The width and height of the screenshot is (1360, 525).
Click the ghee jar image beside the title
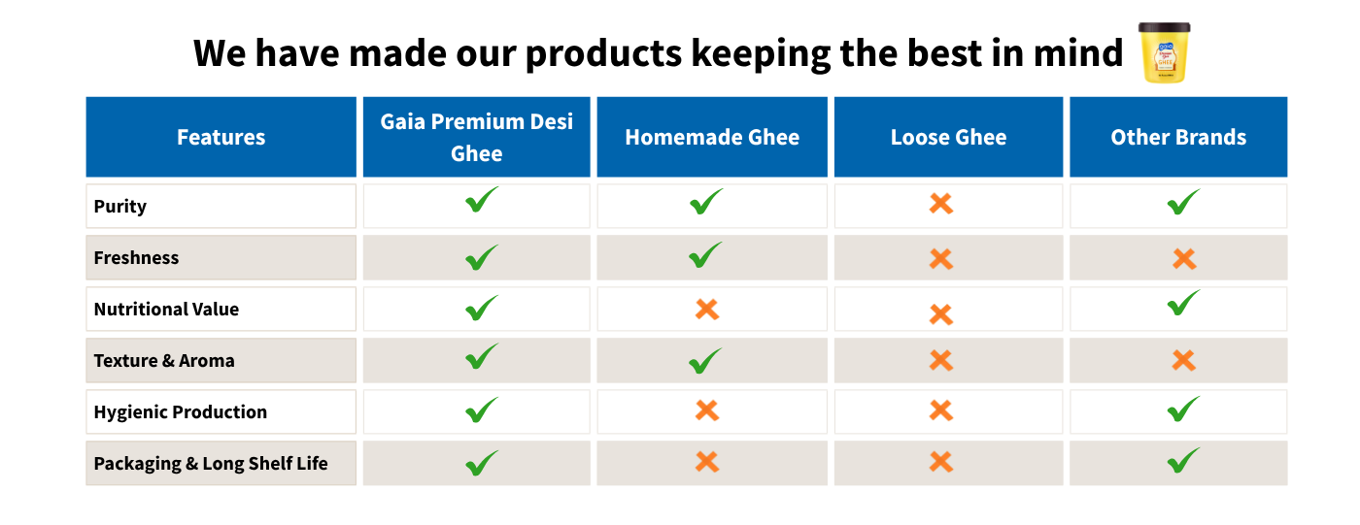point(1164,52)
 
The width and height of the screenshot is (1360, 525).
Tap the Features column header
point(221,137)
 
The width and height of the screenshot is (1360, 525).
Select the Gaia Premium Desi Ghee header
point(477,137)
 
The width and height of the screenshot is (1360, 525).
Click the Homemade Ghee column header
point(712,137)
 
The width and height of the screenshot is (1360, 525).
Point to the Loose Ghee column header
point(948,137)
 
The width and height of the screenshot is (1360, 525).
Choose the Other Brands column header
point(1178,137)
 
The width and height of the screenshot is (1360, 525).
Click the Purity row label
point(120,207)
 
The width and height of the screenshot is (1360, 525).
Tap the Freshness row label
point(136,258)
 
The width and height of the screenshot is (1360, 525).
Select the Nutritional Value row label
point(166,310)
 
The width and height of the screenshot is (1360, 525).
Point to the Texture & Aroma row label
point(164,361)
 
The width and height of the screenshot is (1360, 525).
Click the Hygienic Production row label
point(181,412)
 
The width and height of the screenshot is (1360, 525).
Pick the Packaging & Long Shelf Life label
point(211,464)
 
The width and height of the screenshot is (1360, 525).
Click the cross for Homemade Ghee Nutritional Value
point(707,310)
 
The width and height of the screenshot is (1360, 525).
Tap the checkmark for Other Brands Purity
point(1184,202)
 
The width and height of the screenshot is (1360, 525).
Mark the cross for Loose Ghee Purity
point(941,204)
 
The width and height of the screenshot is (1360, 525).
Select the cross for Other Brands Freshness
point(1184,259)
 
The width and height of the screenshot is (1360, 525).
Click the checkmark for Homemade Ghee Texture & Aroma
point(705,361)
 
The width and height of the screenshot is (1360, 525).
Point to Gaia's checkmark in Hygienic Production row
point(482,410)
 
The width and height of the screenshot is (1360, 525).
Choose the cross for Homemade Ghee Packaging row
point(707,462)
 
